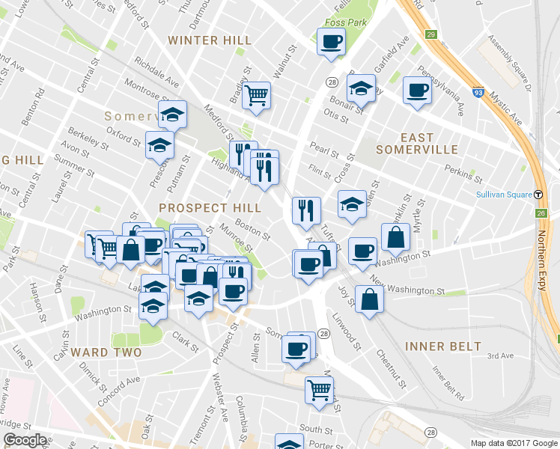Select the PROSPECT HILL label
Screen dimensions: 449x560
point(210,207)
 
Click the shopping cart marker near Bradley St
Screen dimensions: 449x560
point(256,94)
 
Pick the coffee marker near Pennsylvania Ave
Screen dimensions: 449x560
point(417,91)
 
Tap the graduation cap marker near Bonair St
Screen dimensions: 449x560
point(361,88)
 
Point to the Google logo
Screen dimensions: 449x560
point(25,440)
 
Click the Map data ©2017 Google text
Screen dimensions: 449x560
point(514,443)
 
